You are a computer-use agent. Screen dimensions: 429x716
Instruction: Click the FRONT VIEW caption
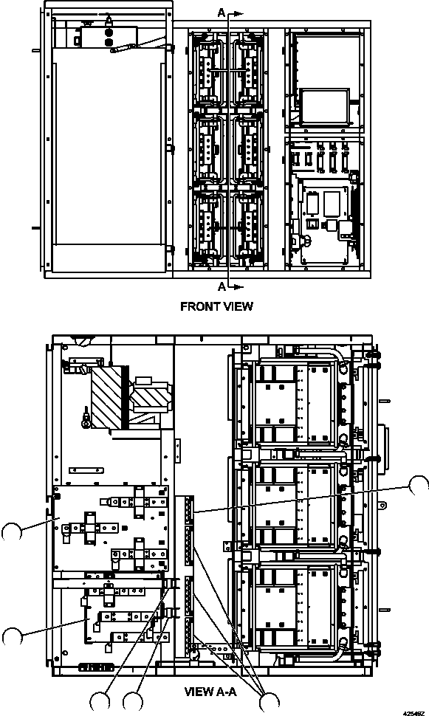(216, 306)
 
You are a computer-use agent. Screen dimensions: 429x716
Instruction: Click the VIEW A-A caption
(210, 692)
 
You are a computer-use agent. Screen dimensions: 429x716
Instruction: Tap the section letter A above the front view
(222, 13)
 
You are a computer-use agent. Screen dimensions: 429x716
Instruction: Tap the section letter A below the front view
(222, 286)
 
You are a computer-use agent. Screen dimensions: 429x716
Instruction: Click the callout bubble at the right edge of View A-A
(418, 486)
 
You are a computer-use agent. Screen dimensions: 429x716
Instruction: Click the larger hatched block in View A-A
(106, 397)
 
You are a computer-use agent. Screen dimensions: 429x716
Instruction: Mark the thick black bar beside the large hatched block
(126, 397)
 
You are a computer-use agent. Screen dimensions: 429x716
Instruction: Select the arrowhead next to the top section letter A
(238, 14)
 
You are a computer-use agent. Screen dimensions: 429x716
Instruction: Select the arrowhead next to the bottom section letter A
(238, 286)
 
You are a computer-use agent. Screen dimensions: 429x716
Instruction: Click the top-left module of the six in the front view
(209, 72)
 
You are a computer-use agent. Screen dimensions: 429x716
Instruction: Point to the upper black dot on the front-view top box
(109, 33)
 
